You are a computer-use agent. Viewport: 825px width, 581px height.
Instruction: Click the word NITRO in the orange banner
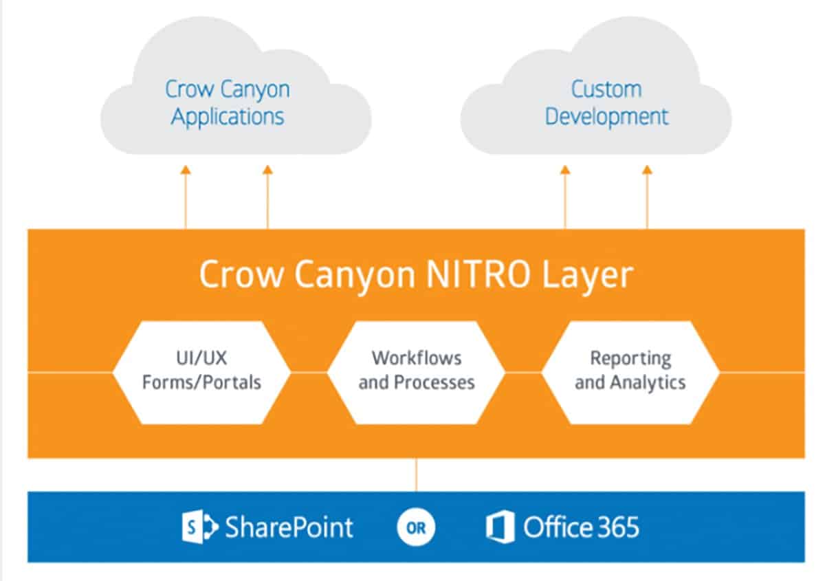[x=478, y=274]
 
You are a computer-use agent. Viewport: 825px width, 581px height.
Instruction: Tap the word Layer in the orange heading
[x=588, y=276]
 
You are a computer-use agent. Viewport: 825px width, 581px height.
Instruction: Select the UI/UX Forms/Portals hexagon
[x=201, y=373]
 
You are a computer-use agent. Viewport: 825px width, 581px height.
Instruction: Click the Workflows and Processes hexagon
[x=416, y=373]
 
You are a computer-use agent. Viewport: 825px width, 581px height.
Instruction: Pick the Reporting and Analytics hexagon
[x=630, y=373]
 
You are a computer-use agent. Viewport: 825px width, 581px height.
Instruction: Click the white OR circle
[x=416, y=527]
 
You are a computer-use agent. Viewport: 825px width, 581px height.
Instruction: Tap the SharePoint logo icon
[x=200, y=527]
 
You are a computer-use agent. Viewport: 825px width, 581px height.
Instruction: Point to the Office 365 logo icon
[x=500, y=527]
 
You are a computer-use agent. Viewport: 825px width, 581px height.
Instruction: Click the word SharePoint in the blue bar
[x=289, y=527]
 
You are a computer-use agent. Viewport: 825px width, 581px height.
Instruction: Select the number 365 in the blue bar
[x=617, y=527]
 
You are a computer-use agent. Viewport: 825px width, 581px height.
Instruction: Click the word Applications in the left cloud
[x=228, y=118]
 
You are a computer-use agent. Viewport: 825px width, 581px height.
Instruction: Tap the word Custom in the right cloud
[x=606, y=89]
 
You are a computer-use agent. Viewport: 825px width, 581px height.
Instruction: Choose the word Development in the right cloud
[x=606, y=118]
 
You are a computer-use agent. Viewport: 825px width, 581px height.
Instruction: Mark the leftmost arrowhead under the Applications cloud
[x=186, y=170]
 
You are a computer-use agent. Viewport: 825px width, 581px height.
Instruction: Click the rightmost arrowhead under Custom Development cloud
[x=647, y=170]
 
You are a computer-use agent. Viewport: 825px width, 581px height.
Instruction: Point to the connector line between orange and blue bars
[x=416, y=474]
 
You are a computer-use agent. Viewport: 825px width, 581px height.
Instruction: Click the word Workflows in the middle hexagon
[x=417, y=358]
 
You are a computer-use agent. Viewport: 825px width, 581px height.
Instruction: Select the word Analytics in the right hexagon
[x=648, y=383]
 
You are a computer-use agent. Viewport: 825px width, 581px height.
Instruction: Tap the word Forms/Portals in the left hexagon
[x=201, y=382]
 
